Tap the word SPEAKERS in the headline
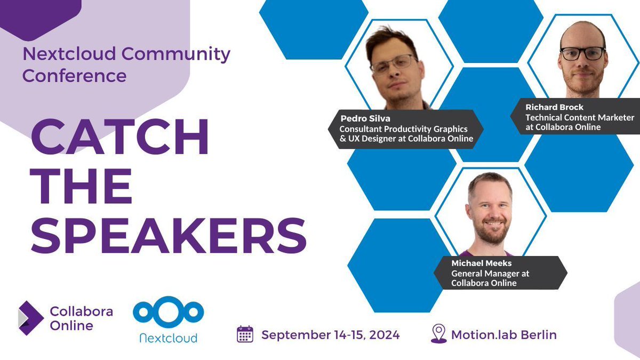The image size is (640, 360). point(169,235)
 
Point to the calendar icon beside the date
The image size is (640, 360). point(245,334)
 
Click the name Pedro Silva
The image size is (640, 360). point(362,119)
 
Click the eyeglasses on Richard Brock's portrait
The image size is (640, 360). point(582,54)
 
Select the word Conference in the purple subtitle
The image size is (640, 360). point(74,75)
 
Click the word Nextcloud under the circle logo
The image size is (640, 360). point(169,338)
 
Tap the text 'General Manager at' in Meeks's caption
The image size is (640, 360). point(490,274)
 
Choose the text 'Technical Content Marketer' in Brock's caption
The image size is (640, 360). point(580,117)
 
